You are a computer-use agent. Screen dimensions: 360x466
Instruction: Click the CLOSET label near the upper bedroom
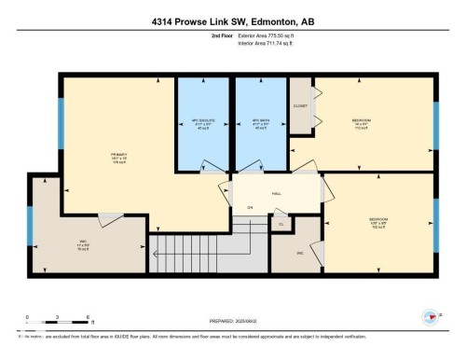pyautogui.click(x=300, y=106)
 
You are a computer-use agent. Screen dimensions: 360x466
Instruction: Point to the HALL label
pyautogui.click(x=277, y=193)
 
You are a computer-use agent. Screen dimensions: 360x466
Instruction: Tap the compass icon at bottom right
pyautogui.click(x=432, y=318)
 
